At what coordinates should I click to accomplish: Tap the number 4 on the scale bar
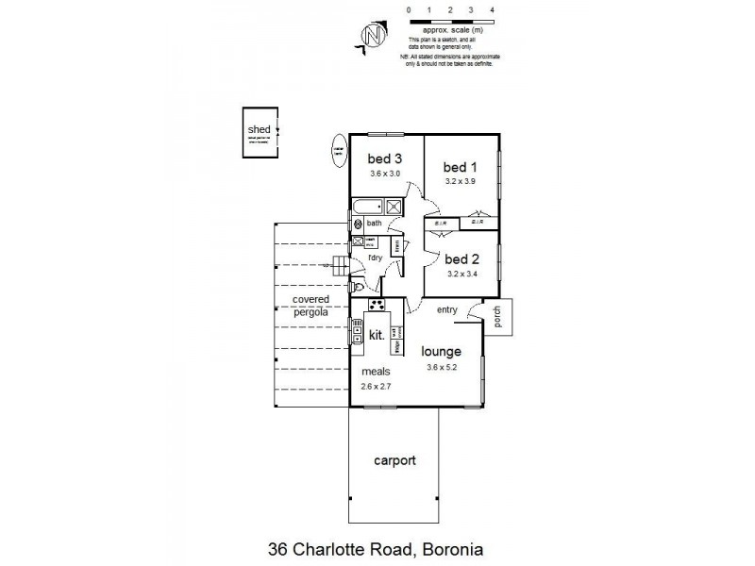(x=494, y=8)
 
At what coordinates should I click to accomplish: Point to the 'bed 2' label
(x=462, y=259)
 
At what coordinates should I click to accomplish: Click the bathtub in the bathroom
(x=368, y=207)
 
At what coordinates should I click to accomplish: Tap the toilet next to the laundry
(x=356, y=285)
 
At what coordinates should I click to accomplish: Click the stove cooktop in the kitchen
(x=377, y=305)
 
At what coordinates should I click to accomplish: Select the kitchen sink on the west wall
(x=358, y=331)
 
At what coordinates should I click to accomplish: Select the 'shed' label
(x=258, y=130)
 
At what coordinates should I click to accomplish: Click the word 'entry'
(x=446, y=309)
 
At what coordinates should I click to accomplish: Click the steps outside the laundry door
(x=338, y=265)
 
